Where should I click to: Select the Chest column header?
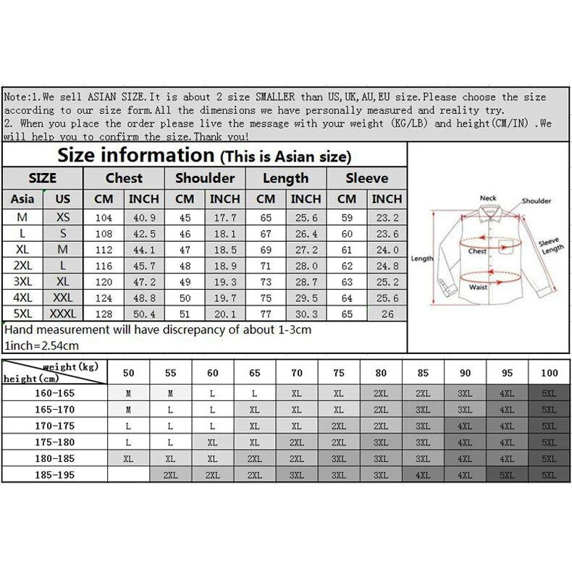pos(124,178)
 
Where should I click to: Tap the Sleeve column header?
pos(366,178)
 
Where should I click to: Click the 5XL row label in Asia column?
pos(22,313)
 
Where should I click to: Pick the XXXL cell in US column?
pos(64,313)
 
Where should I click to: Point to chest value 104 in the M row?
pos(104,217)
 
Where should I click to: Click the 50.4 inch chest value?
pos(143,313)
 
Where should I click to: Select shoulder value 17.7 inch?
pos(224,217)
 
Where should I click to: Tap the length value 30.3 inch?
pos(306,313)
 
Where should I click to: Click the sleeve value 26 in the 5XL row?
pos(387,314)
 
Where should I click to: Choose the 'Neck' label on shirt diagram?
pos(488,198)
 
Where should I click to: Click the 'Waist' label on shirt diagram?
pos(478,287)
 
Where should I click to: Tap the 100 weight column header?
pos(549,372)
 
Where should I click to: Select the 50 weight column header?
pos(129,372)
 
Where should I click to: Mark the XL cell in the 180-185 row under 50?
pos(129,458)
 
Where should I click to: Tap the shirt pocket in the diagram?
pos(504,247)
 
